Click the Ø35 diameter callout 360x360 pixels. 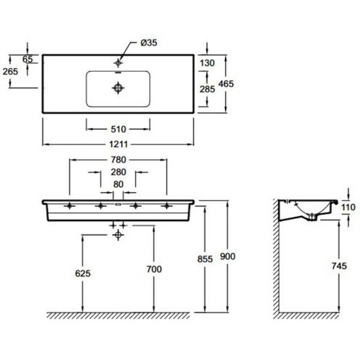coord(149,43)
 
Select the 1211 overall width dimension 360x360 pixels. coord(118,144)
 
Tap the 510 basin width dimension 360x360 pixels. coord(118,129)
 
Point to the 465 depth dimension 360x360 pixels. coord(226,84)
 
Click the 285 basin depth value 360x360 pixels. coord(207,89)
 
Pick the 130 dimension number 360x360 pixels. coord(207,63)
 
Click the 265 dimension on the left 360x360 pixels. coord(10,72)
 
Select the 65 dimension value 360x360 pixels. coord(27,59)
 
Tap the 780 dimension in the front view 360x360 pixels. coord(118,160)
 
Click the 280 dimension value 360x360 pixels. coord(118,172)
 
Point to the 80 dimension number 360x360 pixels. coord(118,184)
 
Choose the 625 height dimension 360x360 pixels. coord(83,274)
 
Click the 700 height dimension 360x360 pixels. coord(154,269)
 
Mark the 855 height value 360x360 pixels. coord(205,259)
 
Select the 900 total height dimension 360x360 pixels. coord(228,256)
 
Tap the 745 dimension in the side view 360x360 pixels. coord(339,266)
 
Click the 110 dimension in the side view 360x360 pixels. coord(348,207)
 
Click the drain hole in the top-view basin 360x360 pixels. coord(118,88)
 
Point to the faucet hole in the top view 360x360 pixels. coord(118,63)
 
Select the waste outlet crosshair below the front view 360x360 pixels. coord(118,234)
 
